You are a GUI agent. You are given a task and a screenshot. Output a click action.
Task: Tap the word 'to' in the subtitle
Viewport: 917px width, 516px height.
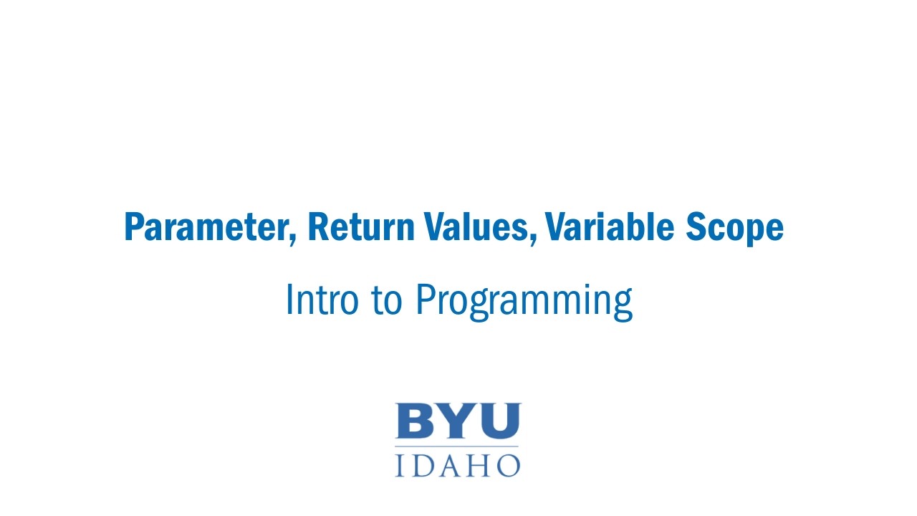387,300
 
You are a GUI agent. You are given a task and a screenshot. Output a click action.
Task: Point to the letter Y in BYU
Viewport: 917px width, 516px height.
455,421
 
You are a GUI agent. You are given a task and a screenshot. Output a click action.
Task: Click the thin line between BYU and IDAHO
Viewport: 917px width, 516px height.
458,446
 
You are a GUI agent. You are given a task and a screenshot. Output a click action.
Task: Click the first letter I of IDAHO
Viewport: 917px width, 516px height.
400,464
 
